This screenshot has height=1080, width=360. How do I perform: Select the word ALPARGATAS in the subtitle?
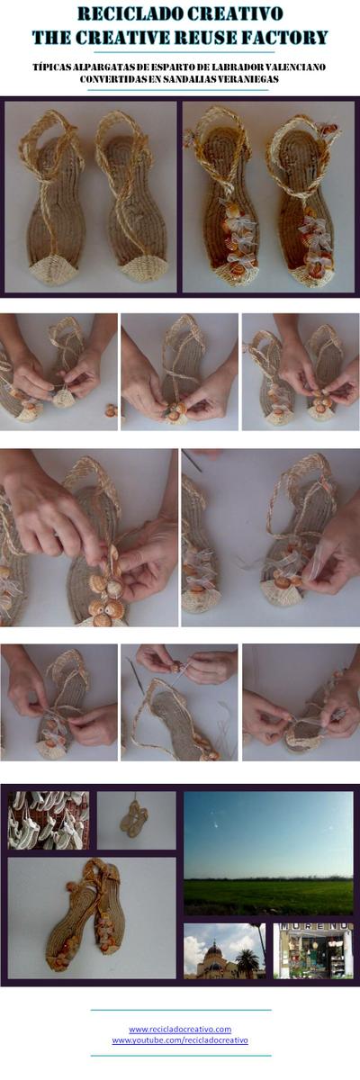tap(102, 67)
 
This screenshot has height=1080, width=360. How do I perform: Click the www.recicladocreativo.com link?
tap(180, 1029)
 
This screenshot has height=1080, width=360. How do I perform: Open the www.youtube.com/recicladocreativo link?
tap(180, 1040)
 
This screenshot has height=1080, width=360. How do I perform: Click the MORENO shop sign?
tap(313, 927)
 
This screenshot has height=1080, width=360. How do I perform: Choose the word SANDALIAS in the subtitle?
tap(185, 79)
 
